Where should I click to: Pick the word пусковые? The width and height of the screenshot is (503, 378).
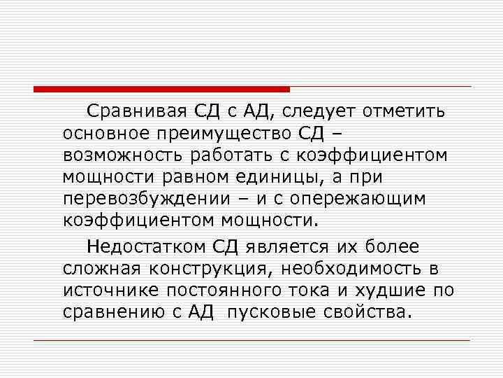click(279, 311)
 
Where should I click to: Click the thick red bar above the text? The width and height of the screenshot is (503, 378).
click(161, 90)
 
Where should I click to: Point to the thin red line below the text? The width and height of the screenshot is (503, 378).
click(251, 341)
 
